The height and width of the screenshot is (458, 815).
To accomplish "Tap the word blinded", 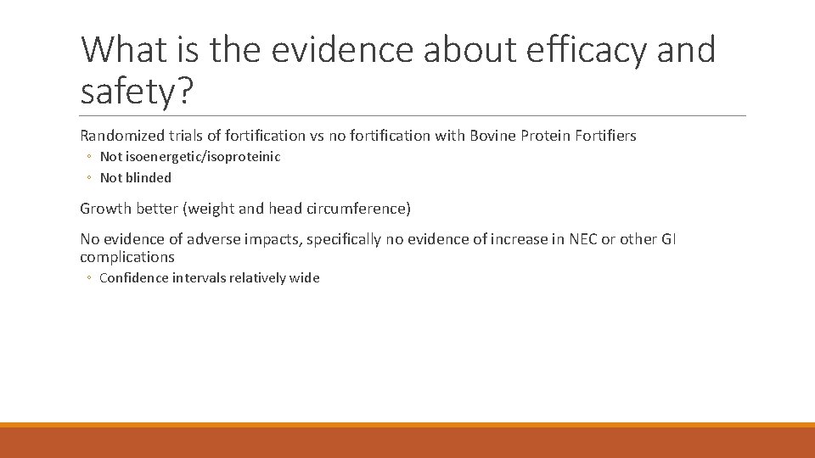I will (149, 178).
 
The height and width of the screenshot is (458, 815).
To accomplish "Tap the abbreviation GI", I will (668, 240).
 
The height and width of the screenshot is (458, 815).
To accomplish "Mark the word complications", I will (127, 257).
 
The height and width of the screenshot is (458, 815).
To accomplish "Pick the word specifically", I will (342, 240).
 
